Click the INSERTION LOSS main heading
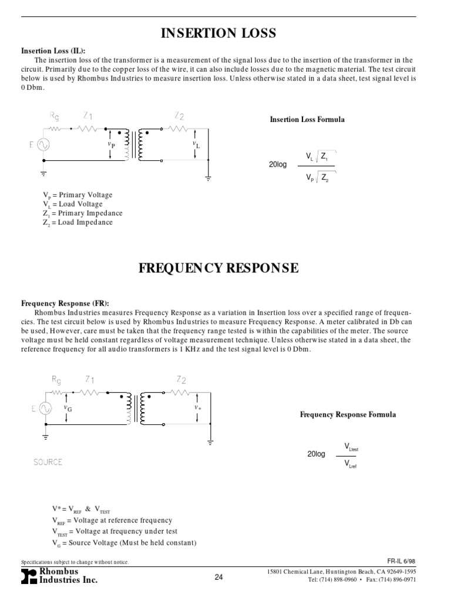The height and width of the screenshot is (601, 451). point(218,34)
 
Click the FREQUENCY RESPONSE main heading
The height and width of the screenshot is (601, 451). point(218,268)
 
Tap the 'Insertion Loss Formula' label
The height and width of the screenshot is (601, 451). point(307,120)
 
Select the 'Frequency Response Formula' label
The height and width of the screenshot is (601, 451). point(348,414)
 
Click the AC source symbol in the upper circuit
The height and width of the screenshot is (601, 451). point(43,144)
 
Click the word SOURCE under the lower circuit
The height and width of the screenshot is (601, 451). point(48,462)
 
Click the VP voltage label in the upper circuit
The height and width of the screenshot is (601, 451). point(111,143)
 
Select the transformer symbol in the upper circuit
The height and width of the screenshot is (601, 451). point(135,144)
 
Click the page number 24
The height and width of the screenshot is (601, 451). point(219,578)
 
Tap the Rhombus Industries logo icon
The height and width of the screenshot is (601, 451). point(28,576)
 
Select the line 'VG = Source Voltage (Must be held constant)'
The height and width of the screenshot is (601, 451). point(124,543)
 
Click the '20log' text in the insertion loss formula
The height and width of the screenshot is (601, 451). point(278,164)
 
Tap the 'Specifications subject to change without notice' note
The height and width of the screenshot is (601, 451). point(75,562)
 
